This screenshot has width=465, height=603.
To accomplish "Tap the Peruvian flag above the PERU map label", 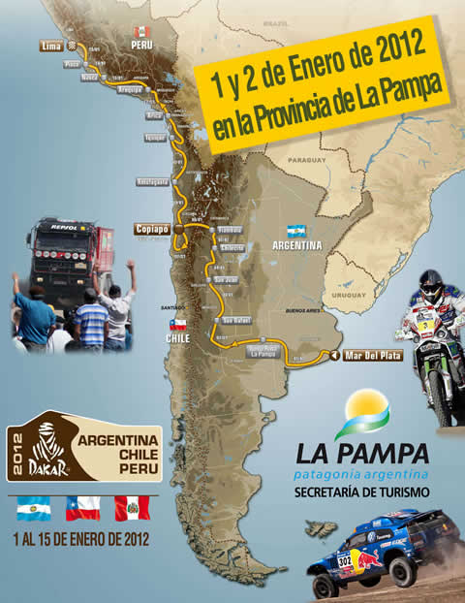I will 141,29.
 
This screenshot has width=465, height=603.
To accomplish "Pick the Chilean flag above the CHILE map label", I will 177,324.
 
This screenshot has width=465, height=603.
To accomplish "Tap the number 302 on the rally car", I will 344,561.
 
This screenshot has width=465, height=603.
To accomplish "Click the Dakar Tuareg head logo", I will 49,451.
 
